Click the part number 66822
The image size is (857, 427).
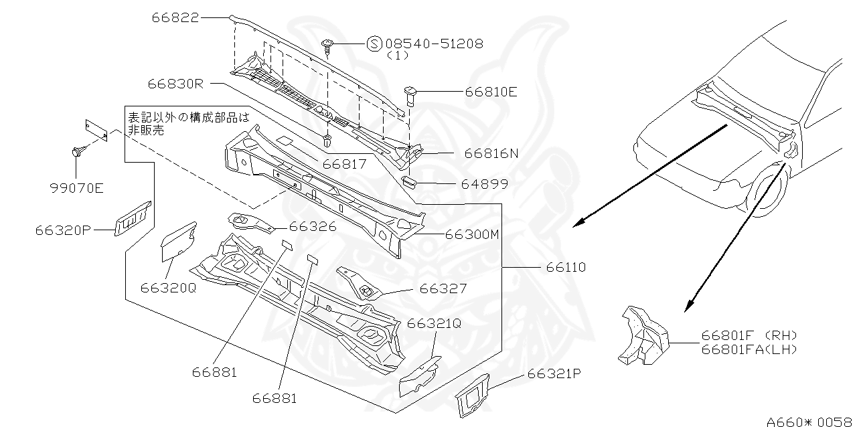tap(175, 18)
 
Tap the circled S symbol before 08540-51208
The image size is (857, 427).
tap(374, 44)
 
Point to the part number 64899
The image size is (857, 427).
tap(484, 183)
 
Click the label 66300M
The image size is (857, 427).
tap(473, 234)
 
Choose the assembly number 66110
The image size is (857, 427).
tap(566, 267)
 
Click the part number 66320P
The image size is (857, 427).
tap(63, 230)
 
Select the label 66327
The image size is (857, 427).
tap(443, 289)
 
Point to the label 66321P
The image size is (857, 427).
tap(553, 375)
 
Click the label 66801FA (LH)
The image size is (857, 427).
tap(750, 349)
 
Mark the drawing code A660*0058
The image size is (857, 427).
tap(810, 422)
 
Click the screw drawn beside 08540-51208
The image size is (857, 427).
tap(328, 46)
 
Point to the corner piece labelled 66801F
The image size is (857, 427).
tap(643, 335)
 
